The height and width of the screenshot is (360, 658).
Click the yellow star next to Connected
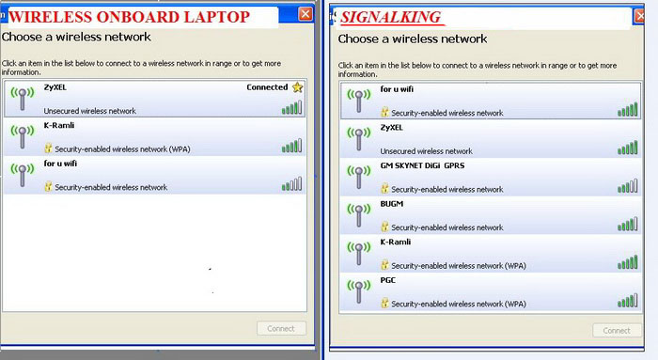(298, 87)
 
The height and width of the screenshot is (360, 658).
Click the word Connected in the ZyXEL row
(267, 87)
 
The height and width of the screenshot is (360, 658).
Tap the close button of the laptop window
(305, 14)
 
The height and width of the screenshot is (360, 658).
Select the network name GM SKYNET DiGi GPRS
(422, 165)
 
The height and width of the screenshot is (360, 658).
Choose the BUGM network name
(392, 203)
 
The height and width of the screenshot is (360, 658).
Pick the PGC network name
(387, 280)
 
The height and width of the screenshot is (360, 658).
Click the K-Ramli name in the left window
(58, 125)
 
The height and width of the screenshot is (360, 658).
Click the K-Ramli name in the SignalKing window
(396, 242)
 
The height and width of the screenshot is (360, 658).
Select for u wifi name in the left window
(60, 164)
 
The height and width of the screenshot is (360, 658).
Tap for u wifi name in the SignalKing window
(397, 89)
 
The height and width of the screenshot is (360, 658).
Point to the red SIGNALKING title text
(391, 17)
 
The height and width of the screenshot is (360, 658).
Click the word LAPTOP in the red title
(216, 17)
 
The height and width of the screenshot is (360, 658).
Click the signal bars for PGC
(627, 301)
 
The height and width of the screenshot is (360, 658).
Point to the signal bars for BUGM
(627, 224)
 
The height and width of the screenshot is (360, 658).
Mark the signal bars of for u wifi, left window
(291, 184)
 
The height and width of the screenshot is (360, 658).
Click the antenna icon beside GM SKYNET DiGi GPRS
(359, 177)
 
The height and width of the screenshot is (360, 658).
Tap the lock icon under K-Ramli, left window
(48, 149)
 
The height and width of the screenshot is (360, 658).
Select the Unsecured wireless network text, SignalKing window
(427, 151)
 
